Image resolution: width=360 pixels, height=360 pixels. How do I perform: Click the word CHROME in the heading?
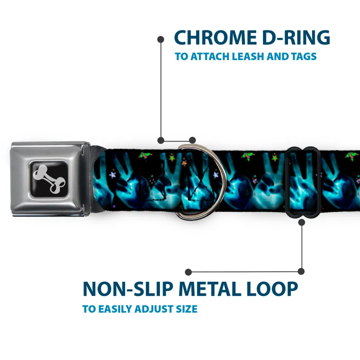[x=215, y=37]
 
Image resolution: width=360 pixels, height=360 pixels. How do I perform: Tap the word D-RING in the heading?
[x=296, y=37]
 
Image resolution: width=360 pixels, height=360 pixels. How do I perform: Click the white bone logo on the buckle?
[x=49, y=179]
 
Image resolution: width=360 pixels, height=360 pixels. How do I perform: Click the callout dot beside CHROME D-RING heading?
[x=161, y=40]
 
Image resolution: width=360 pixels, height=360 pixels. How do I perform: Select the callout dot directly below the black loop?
[x=301, y=222]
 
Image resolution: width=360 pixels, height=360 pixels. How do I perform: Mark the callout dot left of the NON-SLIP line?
[x=188, y=272]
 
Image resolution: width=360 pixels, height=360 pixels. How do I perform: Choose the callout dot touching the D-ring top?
[x=192, y=140]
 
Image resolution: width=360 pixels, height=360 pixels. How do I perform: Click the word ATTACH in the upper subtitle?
[x=210, y=56]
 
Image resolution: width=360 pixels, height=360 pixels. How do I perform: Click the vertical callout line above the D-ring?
[x=161, y=90]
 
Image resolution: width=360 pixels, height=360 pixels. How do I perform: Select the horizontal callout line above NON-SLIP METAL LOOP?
[x=245, y=272]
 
